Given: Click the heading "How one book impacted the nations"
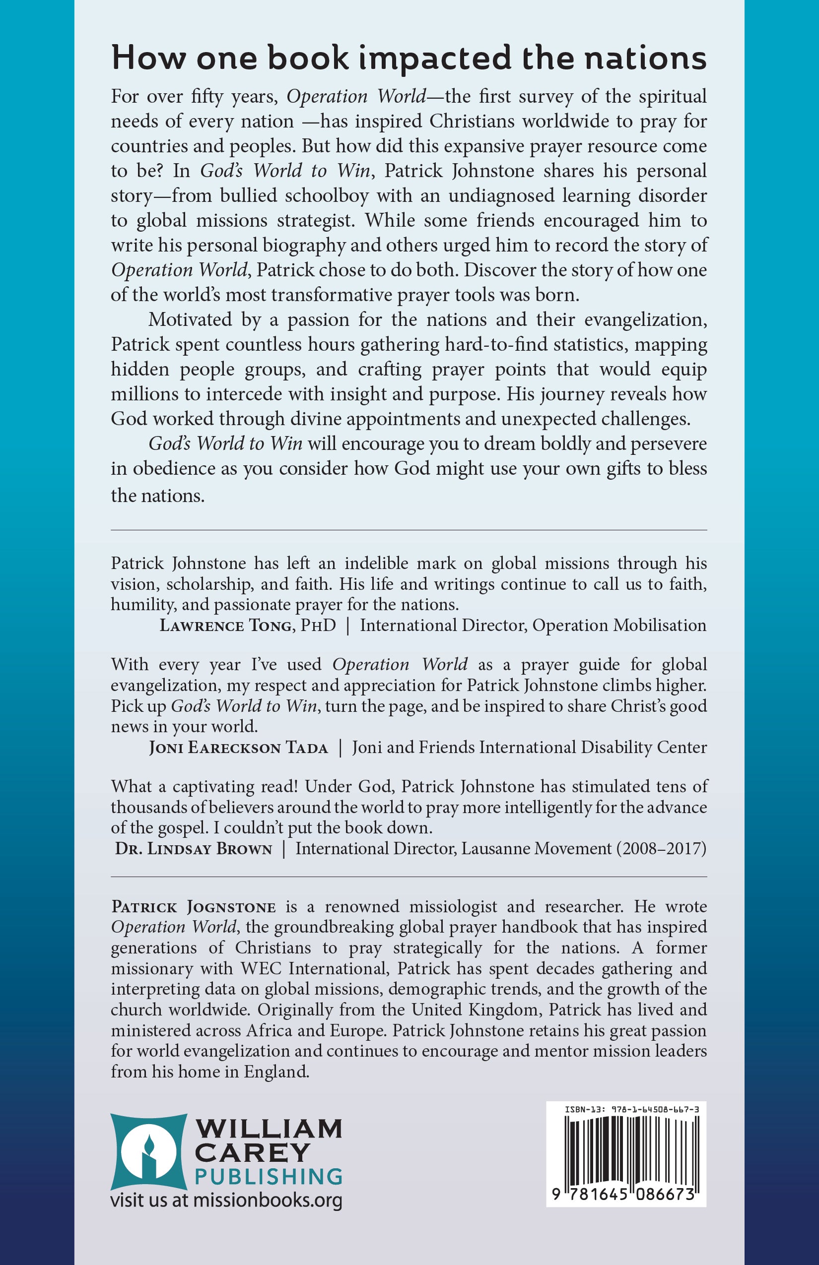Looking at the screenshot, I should [x=409, y=59].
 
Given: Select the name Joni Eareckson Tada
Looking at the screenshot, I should [x=238, y=748].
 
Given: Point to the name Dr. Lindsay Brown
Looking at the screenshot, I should [x=194, y=849].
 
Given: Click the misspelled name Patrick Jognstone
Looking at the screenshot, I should [x=194, y=907].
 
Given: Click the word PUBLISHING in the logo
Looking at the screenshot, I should [x=269, y=1176].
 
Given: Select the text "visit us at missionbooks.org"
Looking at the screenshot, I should [x=226, y=1200].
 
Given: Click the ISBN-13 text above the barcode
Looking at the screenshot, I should [x=632, y=1109].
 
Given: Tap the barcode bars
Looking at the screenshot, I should [x=626, y=1148].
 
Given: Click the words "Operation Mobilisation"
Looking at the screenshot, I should [x=619, y=626].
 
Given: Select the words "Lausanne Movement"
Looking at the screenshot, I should [x=536, y=849].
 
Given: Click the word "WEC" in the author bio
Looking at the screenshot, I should [x=261, y=969].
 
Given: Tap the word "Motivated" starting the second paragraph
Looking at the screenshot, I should [x=190, y=320].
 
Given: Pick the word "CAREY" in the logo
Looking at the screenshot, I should [x=253, y=1152].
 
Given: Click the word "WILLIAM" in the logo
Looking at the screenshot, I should [x=269, y=1128].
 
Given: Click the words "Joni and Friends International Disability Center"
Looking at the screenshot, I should [x=529, y=748].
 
